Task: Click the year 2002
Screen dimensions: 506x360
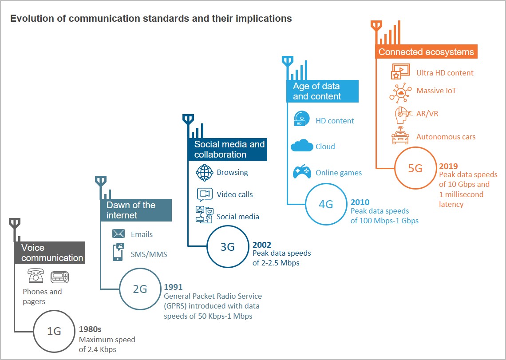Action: (x=262, y=245)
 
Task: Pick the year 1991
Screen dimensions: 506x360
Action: (x=173, y=287)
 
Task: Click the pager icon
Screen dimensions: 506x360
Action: (x=60, y=277)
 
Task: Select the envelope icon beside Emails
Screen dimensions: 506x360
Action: (x=119, y=233)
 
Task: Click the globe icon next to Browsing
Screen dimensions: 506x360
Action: (x=205, y=172)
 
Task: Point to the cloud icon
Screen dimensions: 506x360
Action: (x=302, y=146)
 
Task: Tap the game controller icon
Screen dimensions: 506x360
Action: (x=302, y=171)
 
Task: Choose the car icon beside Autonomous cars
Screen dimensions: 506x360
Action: (x=400, y=135)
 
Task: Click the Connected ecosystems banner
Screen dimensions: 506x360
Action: (x=426, y=51)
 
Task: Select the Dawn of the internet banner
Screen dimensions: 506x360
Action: (x=136, y=210)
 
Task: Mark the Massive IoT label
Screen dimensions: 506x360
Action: (x=436, y=91)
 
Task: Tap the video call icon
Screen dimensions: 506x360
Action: (x=205, y=194)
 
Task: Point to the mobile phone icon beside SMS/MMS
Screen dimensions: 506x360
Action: (x=119, y=252)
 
